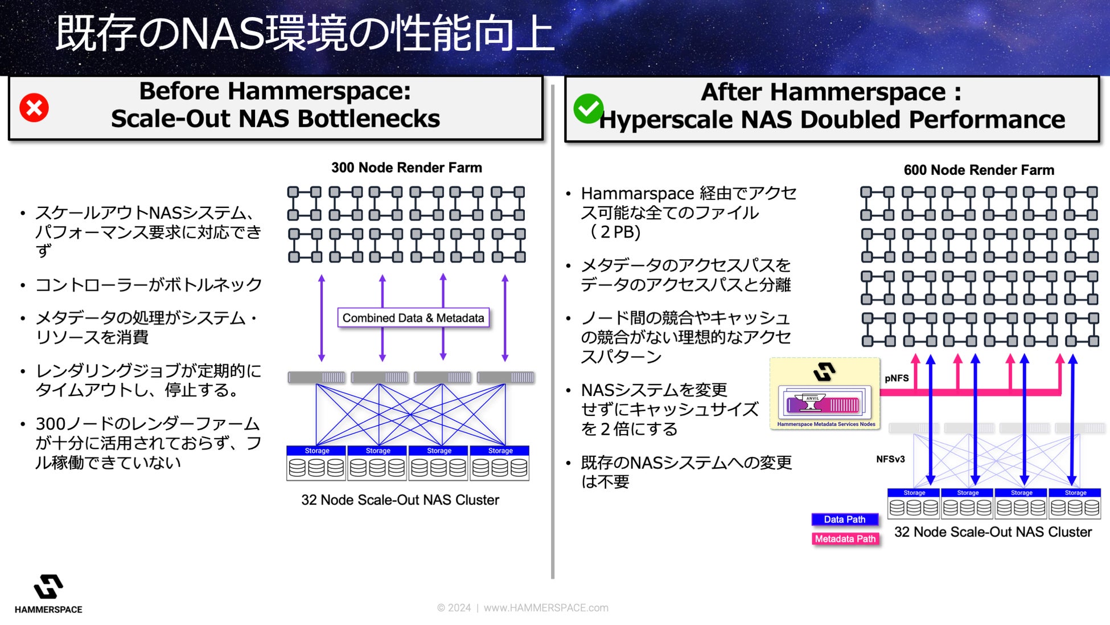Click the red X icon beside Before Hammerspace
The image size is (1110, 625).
pos(34,108)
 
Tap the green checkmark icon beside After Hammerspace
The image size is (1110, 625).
pos(588,108)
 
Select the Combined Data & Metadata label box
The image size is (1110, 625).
pos(413,318)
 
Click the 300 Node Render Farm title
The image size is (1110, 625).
pos(406,168)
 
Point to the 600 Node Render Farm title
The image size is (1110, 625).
pos(979,170)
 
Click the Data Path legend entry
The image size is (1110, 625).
pos(844,519)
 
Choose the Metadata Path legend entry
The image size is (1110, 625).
pos(845,538)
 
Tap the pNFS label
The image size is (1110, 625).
pos(897,378)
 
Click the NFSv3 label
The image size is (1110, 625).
pos(890,459)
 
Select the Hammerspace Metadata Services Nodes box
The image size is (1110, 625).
pos(825,394)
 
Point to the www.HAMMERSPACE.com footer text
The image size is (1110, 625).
pos(546,608)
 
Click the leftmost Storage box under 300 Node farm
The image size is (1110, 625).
pos(316,463)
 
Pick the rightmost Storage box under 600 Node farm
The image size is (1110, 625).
pos(1075,503)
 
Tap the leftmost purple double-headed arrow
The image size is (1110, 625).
pos(322,318)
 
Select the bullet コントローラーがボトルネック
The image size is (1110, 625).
pos(149,284)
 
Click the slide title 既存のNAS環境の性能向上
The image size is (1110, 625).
pos(305,33)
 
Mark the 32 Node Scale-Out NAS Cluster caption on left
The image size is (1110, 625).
pos(400,500)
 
